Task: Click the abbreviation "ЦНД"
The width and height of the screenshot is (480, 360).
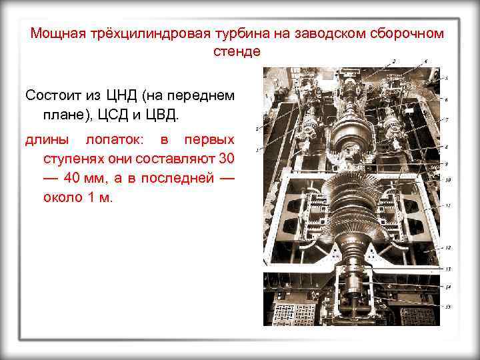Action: pos(125,95)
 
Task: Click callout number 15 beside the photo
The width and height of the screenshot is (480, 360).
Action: pos(447,306)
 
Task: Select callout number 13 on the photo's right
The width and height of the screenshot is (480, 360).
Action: pos(447,268)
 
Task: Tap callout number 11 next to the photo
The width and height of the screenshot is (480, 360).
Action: pos(447,205)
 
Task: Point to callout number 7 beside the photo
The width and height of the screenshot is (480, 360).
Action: pos(447,119)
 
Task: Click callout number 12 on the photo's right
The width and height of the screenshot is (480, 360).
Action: pos(447,247)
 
